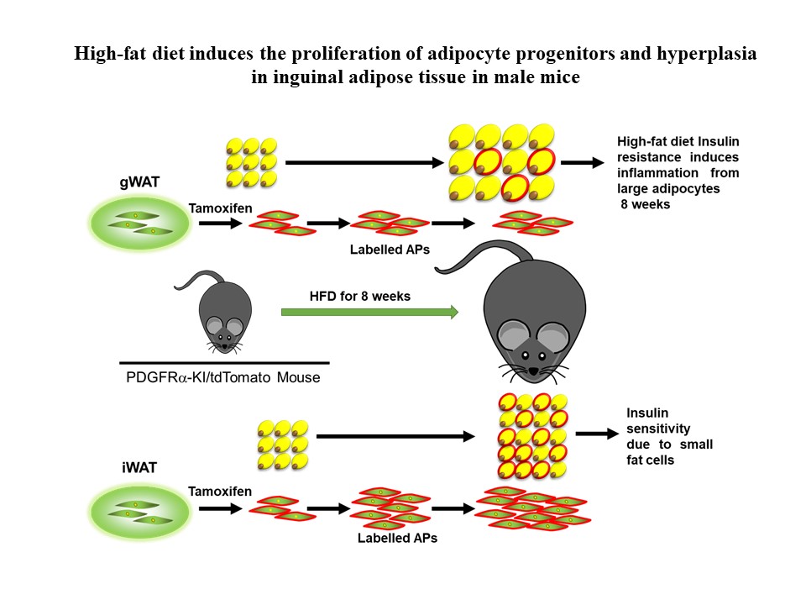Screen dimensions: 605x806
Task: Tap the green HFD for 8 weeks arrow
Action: pyautogui.click(x=369, y=313)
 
